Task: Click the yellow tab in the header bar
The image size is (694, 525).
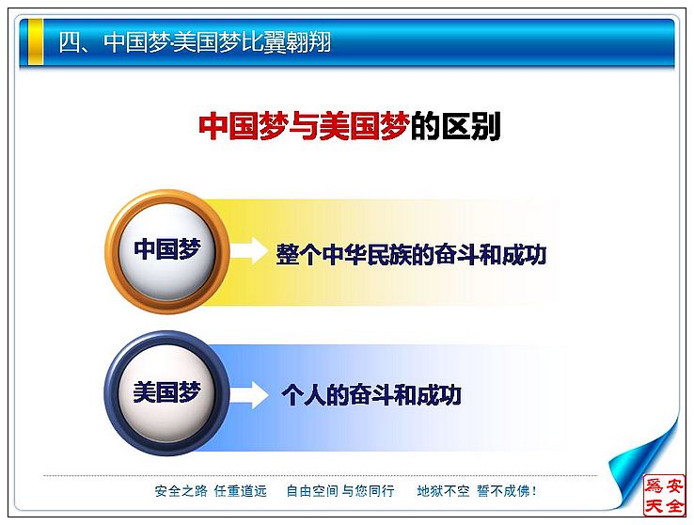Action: (x=36, y=41)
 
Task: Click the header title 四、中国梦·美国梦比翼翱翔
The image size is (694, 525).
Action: (x=196, y=42)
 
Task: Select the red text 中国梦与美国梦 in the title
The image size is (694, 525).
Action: (x=304, y=126)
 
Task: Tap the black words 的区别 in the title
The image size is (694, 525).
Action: (x=455, y=126)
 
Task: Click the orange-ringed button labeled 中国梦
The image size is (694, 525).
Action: (x=167, y=251)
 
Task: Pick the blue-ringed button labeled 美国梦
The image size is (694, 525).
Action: (x=167, y=393)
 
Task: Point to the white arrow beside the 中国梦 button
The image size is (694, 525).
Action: (x=249, y=250)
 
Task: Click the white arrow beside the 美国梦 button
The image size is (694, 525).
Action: (x=249, y=394)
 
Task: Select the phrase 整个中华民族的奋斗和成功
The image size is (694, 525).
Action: (x=411, y=254)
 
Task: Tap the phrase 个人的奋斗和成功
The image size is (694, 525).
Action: (x=371, y=395)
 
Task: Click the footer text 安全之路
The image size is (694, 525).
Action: (x=181, y=491)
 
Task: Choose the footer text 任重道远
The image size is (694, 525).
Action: (x=241, y=491)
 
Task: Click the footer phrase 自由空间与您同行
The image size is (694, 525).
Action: (x=339, y=491)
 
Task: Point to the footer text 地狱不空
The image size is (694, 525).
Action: (x=443, y=491)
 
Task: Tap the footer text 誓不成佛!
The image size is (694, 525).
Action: (x=507, y=491)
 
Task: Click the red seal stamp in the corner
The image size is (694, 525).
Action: (x=664, y=495)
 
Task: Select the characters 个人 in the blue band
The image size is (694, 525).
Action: (x=304, y=395)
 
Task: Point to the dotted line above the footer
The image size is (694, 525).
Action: (x=321, y=476)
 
